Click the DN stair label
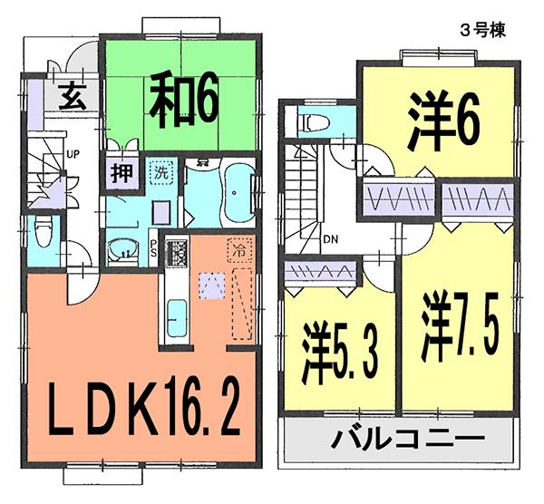coord(330,240)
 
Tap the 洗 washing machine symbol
coord(160,173)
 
